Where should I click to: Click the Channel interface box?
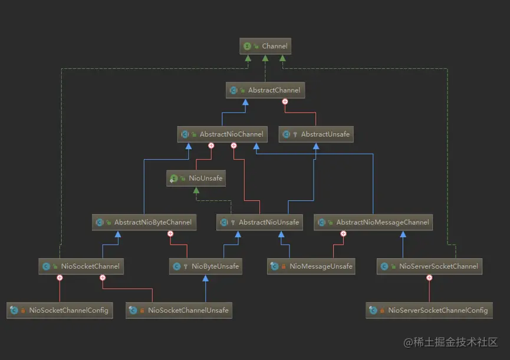tap(265, 46)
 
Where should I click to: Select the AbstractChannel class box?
tap(265, 90)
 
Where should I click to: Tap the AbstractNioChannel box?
tap(221, 134)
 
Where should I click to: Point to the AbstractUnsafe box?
tap(316, 134)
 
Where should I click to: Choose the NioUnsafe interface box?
tap(195, 178)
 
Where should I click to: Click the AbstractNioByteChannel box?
tap(144, 222)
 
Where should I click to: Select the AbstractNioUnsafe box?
tap(260, 222)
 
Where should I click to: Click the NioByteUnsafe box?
tap(206, 266)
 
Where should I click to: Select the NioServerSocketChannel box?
tap(429, 266)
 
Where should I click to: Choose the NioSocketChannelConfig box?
tap(60, 310)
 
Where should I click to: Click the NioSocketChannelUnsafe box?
tap(179, 310)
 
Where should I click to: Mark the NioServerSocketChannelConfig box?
tap(429, 310)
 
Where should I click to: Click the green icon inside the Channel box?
tap(248, 46)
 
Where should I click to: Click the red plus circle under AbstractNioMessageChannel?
tap(344, 233)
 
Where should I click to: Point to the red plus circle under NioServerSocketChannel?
tap(429, 278)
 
